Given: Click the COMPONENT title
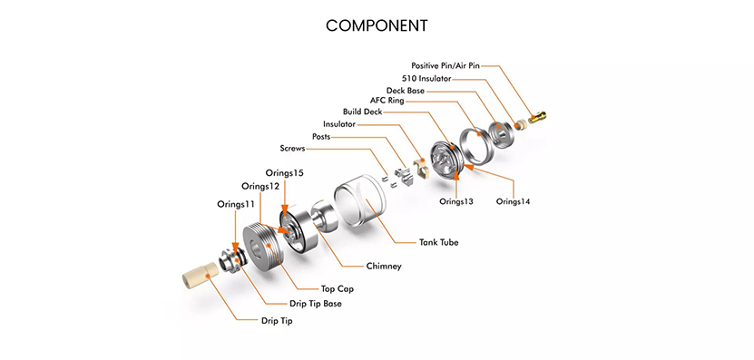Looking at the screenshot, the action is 377,26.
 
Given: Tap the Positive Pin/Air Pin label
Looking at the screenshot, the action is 446,65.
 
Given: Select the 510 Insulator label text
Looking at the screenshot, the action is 426,78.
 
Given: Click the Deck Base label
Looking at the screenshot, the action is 406,91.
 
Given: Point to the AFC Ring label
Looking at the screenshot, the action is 387,101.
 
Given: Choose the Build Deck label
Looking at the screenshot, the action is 363,112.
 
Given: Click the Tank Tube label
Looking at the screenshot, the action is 439,242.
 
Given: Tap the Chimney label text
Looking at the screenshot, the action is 384,266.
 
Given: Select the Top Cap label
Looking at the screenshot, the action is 338,289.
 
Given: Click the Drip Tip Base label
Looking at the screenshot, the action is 316,304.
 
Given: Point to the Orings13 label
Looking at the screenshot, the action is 456,201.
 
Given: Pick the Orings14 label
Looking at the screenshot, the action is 513,201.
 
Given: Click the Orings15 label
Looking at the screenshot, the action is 285,173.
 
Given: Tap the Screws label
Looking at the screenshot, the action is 292,149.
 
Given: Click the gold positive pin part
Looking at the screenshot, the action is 536,117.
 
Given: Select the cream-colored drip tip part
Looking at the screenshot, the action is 200,276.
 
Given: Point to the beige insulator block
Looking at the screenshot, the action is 421,168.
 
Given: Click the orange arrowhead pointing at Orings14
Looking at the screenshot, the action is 468,167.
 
